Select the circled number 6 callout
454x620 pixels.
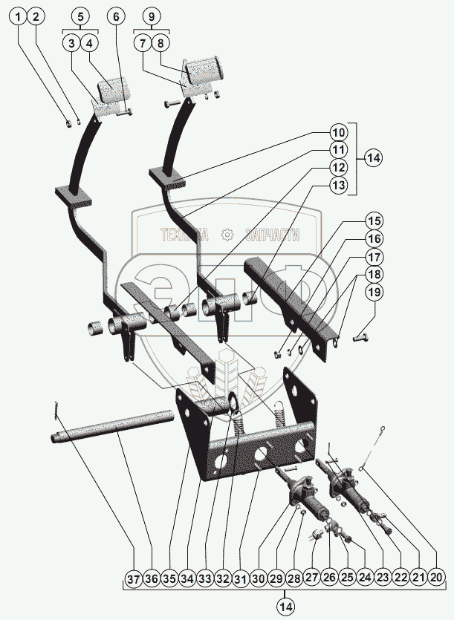coord(115,16)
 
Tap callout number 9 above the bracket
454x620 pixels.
coord(151,16)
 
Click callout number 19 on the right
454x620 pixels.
coord(374,293)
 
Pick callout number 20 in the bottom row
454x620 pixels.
coord(436,577)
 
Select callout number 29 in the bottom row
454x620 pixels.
coord(276,577)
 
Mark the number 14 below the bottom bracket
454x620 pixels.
coord(285,607)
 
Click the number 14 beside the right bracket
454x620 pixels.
coord(374,158)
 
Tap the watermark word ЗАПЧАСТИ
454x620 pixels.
coord(270,235)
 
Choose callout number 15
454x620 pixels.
coord(374,221)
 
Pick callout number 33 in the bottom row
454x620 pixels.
coord(205,577)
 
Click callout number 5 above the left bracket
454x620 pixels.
coord(80,16)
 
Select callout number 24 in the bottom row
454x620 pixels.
coord(365,577)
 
